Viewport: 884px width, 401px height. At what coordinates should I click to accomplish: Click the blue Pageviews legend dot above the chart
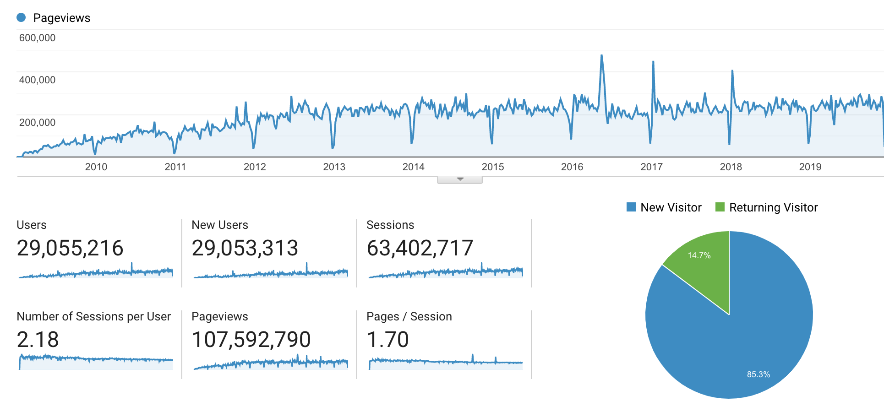pyautogui.click(x=21, y=18)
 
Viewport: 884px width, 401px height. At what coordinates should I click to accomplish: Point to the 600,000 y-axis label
pyautogui.click(x=37, y=38)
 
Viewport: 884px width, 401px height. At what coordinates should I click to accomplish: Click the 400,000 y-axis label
pyautogui.click(x=37, y=80)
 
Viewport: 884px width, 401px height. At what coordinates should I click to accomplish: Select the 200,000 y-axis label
pyautogui.click(x=37, y=123)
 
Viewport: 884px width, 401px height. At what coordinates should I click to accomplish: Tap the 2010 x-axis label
pyautogui.click(x=96, y=167)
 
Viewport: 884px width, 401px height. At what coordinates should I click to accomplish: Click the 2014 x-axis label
pyautogui.click(x=413, y=167)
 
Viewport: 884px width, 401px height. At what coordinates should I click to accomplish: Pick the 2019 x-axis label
pyautogui.click(x=810, y=167)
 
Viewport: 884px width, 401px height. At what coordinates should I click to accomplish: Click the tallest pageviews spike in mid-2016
pyautogui.click(x=601, y=56)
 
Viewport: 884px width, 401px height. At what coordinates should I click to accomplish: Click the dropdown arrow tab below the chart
pyautogui.click(x=460, y=179)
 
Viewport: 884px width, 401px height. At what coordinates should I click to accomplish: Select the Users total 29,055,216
pyautogui.click(x=70, y=248)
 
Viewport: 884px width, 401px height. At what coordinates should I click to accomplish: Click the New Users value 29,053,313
pyautogui.click(x=245, y=248)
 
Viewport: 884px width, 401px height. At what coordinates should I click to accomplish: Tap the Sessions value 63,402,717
pyautogui.click(x=420, y=248)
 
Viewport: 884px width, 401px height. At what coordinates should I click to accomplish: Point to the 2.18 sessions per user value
pyautogui.click(x=38, y=340)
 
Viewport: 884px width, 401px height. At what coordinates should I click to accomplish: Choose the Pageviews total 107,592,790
pyautogui.click(x=251, y=340)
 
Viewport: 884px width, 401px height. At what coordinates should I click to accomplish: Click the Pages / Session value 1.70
pyautogui.click(x=387, y=340)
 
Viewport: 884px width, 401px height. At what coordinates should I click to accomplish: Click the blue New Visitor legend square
pyautogui.click(x=631, y=207)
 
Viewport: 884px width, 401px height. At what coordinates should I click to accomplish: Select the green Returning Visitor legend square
pyautogui.click(x=720, y=207)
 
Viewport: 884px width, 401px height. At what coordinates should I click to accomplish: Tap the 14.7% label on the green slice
pyautogui.click(x=699, y=255)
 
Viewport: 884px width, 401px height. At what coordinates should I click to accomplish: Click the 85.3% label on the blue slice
pyautogui.click(x=758, y=374)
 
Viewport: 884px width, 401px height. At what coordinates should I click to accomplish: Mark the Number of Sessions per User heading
pyautogui.click(x=93, y=316)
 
